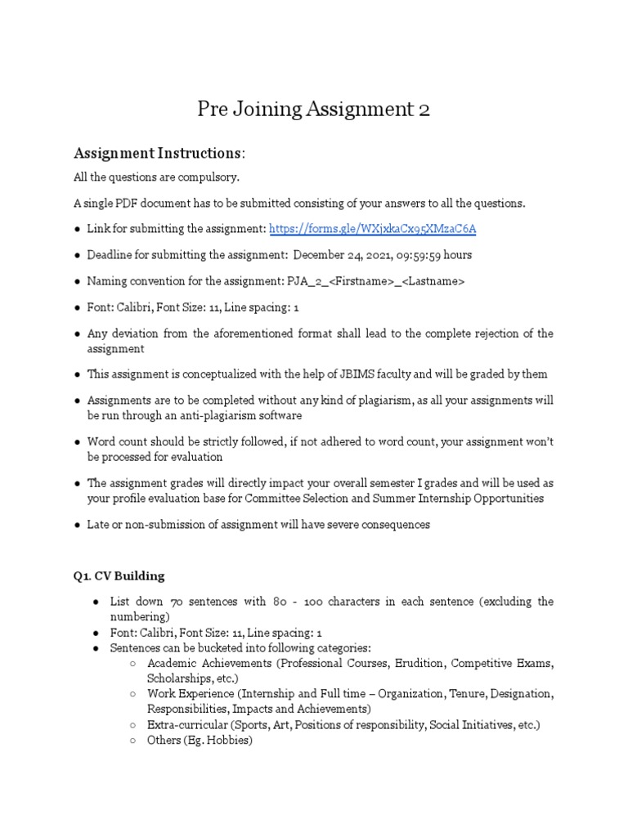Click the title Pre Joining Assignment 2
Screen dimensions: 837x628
pyautogui.click(x=314, y=110)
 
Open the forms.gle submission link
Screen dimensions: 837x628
pyautogui.click(x=372, y=230)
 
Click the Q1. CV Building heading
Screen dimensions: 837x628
pyautogui.click(x=119, y=575)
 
